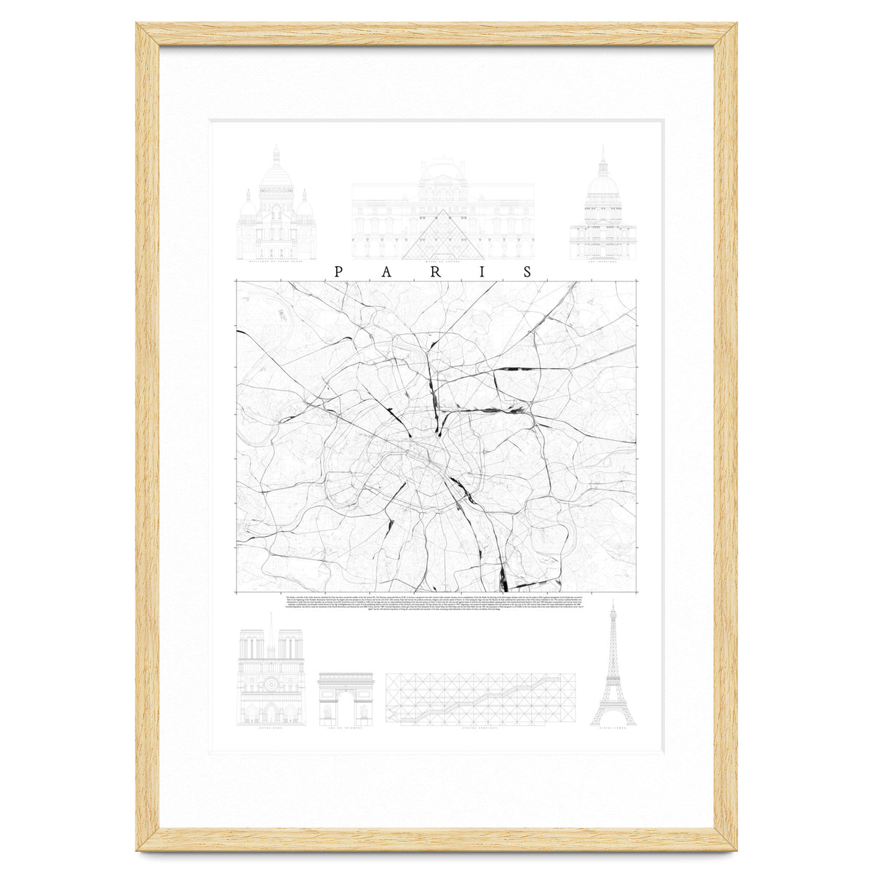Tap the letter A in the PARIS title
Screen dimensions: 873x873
click(386, 272)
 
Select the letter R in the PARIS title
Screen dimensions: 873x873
click(434, 272)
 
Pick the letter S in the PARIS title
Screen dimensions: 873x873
click(527, 272)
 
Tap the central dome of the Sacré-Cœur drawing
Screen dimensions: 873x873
click(276, 175)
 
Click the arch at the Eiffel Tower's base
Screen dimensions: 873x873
click(613, 720)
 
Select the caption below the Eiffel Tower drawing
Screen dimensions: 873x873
click(613, 729)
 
